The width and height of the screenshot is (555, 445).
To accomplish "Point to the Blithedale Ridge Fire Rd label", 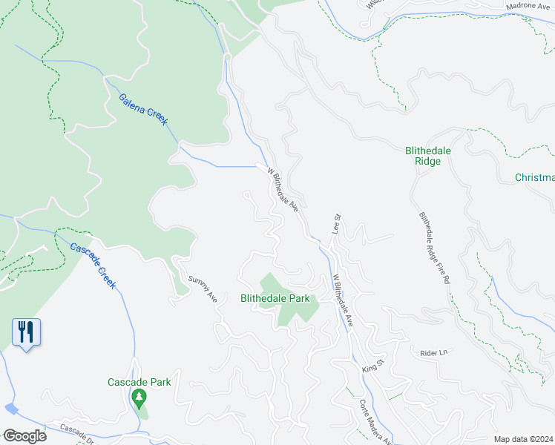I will [435, 249].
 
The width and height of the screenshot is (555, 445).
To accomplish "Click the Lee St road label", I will [336, 224].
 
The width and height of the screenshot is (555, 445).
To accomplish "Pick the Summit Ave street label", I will [202, 289].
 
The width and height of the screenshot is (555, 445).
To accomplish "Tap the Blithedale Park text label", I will [279, 299].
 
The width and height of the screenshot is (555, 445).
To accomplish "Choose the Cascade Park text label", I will [139, 382].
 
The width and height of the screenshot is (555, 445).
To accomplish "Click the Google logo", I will [24, 436].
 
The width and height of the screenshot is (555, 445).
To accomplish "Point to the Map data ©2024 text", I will [524, 439].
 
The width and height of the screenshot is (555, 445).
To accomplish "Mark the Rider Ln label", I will [435, 353].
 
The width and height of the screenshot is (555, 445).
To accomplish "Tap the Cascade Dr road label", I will [77, 430].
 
